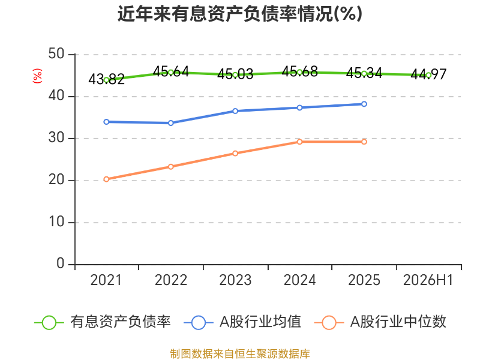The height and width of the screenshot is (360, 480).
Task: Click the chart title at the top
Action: (240, 14)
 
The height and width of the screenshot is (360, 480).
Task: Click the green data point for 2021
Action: (106, 80)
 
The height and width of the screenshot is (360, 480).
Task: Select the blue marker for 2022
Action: (171, 123)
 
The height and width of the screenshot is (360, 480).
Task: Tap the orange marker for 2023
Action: (235, 154)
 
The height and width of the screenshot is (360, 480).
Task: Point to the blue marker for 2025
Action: (364, 104)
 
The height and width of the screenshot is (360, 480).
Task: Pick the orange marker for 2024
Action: (299, 142)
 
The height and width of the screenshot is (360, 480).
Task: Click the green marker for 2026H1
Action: (428, 76)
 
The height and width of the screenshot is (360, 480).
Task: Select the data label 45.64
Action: (171, 71)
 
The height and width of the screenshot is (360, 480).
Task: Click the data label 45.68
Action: (299, 71)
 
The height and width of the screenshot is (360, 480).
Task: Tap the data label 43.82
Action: (106, 79)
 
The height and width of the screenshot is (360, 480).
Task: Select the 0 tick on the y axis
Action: (61, 263)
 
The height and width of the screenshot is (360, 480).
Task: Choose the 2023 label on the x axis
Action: (235, 280)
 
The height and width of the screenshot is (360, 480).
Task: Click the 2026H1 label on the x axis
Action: (428, 280)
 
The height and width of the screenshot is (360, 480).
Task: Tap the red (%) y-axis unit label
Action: (37, 76)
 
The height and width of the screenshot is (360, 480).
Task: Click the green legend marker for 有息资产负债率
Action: (49, 323)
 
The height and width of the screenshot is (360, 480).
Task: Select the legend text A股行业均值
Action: (260, 322)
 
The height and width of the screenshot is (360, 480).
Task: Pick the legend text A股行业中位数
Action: (398, 322)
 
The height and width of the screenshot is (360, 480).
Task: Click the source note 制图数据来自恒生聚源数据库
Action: (240, 354)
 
